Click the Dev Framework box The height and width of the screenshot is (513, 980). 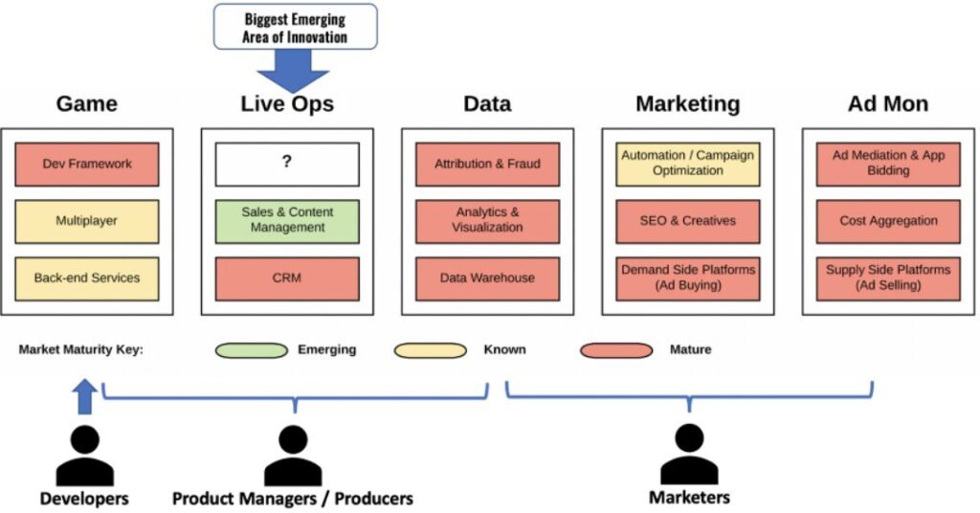[87, 165]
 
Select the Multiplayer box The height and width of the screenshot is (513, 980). [87, 221]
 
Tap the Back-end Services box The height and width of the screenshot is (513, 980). [87, 279]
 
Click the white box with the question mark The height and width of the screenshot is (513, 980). [287, 165]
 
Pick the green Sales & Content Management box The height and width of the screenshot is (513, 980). [287, 221]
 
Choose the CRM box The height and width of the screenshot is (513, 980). [287, 279]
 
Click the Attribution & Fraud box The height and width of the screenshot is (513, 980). [487, 165]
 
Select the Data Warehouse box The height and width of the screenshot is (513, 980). [487, 279]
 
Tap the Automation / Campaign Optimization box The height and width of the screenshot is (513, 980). [687, 165]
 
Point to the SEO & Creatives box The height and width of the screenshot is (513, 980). [687, 221]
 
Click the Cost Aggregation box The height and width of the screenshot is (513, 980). [888, 221]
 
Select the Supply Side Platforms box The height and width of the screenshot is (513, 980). [888, 279]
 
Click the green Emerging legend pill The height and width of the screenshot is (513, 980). [252, 350]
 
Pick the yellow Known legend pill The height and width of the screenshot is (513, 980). [430, 350]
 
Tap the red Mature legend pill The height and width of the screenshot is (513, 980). [616, 350]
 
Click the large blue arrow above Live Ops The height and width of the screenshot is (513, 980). [293, 71]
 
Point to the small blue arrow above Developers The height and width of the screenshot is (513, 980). [85, 396]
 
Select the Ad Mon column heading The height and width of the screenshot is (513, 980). [888, 103]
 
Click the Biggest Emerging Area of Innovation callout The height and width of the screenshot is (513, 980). [295, 27]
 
